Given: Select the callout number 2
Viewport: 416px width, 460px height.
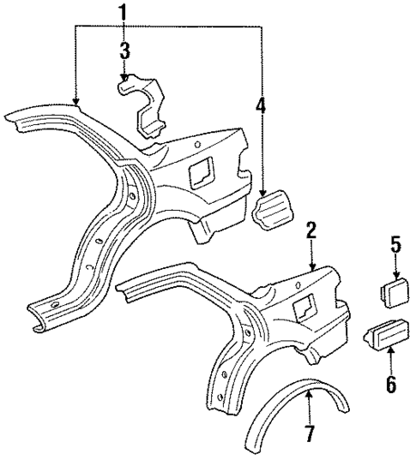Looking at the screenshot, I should click(x=310, y=230).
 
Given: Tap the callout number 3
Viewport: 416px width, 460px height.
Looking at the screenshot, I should click(x=125, y=50).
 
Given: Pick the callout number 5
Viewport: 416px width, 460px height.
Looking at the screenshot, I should click(x=396, y=245).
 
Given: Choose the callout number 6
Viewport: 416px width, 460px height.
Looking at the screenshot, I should click(x=390, y=384).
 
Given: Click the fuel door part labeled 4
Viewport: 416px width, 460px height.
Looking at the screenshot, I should click(x=272, y=209).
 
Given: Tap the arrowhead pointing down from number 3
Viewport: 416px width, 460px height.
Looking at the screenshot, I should click(x=125, y=78).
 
